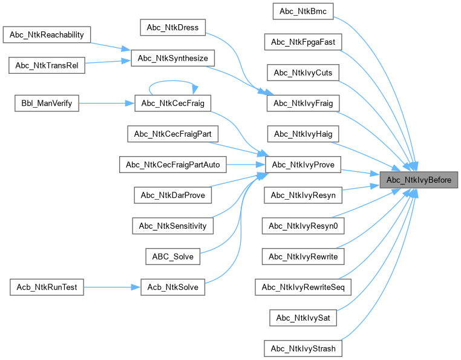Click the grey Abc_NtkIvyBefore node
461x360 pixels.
click(x=419, y=180)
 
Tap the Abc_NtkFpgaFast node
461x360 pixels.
click(x=303, y=42)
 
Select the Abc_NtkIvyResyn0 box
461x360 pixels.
click(x=303, y=226)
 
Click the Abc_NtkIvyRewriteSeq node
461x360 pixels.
click(x=303, y=287)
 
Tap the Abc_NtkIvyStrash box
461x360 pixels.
click(x=303, y=349)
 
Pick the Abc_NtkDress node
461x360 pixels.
click(x=173, y=27)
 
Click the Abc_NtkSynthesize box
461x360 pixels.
click(x=173, y=58)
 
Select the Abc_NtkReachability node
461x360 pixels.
click(x=47, y=34)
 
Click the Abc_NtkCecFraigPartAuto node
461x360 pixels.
click(x=173, y=164)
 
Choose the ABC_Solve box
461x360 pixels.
click(x=173, y=256)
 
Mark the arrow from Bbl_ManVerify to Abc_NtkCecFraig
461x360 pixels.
click(x=106, y=103)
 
